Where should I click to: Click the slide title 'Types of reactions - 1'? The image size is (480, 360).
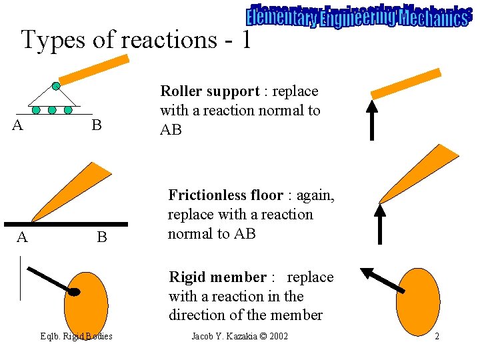point(136,39)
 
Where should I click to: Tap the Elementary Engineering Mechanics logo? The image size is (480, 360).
point(357,16)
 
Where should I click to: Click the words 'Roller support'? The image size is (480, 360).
point(209,91)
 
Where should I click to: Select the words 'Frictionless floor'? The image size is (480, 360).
point(225,195)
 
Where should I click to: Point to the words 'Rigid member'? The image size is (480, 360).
point(217,277)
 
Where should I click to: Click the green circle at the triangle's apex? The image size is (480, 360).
point(56,85)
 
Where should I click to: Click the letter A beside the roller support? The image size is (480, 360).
point(19,125)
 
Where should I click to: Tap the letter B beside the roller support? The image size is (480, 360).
point(97,125)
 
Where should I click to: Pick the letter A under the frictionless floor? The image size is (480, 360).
point(22,237)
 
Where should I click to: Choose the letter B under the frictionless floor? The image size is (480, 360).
point(101,237)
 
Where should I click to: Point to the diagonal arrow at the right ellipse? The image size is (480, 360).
point(383,280)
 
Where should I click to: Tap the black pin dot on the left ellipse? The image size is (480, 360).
point(75,292)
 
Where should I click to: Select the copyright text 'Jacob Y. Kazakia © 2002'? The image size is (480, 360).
point(239,336)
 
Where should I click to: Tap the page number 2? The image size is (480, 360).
point(437,336)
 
